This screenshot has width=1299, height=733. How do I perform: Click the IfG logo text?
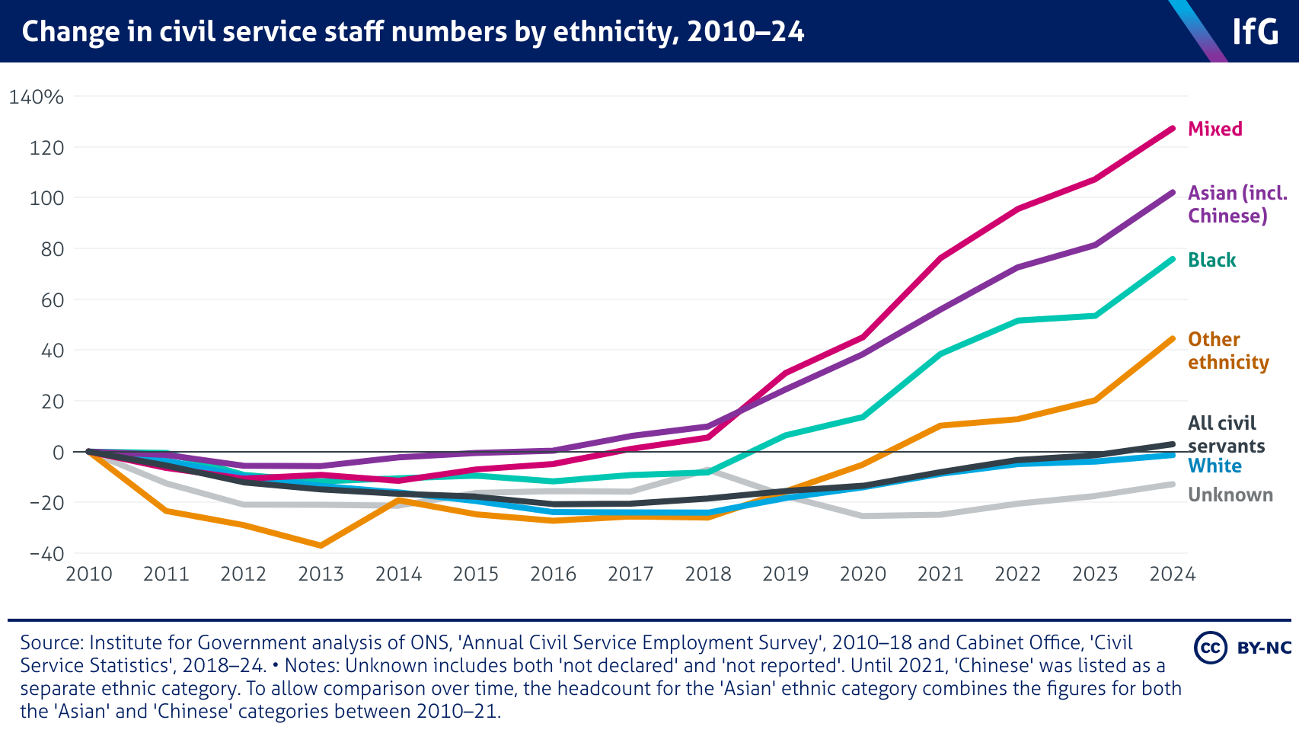pos(1255,32)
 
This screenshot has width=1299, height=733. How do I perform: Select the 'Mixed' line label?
pos(1214,129)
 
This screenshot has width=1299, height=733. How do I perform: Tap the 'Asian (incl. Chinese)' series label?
pos(1237,204)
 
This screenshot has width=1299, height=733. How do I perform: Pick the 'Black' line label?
pos(1211,260)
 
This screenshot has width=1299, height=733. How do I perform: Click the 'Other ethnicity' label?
pos(1227,350)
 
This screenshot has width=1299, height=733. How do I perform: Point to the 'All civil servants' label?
pos(1225,434)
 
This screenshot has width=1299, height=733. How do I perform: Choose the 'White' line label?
pos(1214,466)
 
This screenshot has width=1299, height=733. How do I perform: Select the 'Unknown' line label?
pos(1230,495)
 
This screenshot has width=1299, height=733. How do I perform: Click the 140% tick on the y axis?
pos(36,97)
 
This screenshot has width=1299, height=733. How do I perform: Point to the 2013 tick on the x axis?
pos(321,574)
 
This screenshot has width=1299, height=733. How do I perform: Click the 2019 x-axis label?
pos(785,574)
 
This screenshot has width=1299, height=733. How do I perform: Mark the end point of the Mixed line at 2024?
pos(1172,129)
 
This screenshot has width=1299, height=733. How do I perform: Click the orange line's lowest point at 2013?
pos(321,546)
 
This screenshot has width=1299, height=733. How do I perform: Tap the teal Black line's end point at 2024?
pos(1172,259)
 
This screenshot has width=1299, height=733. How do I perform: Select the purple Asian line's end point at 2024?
pos(1172,193)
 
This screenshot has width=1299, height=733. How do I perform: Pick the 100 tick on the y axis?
pos(46,198)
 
